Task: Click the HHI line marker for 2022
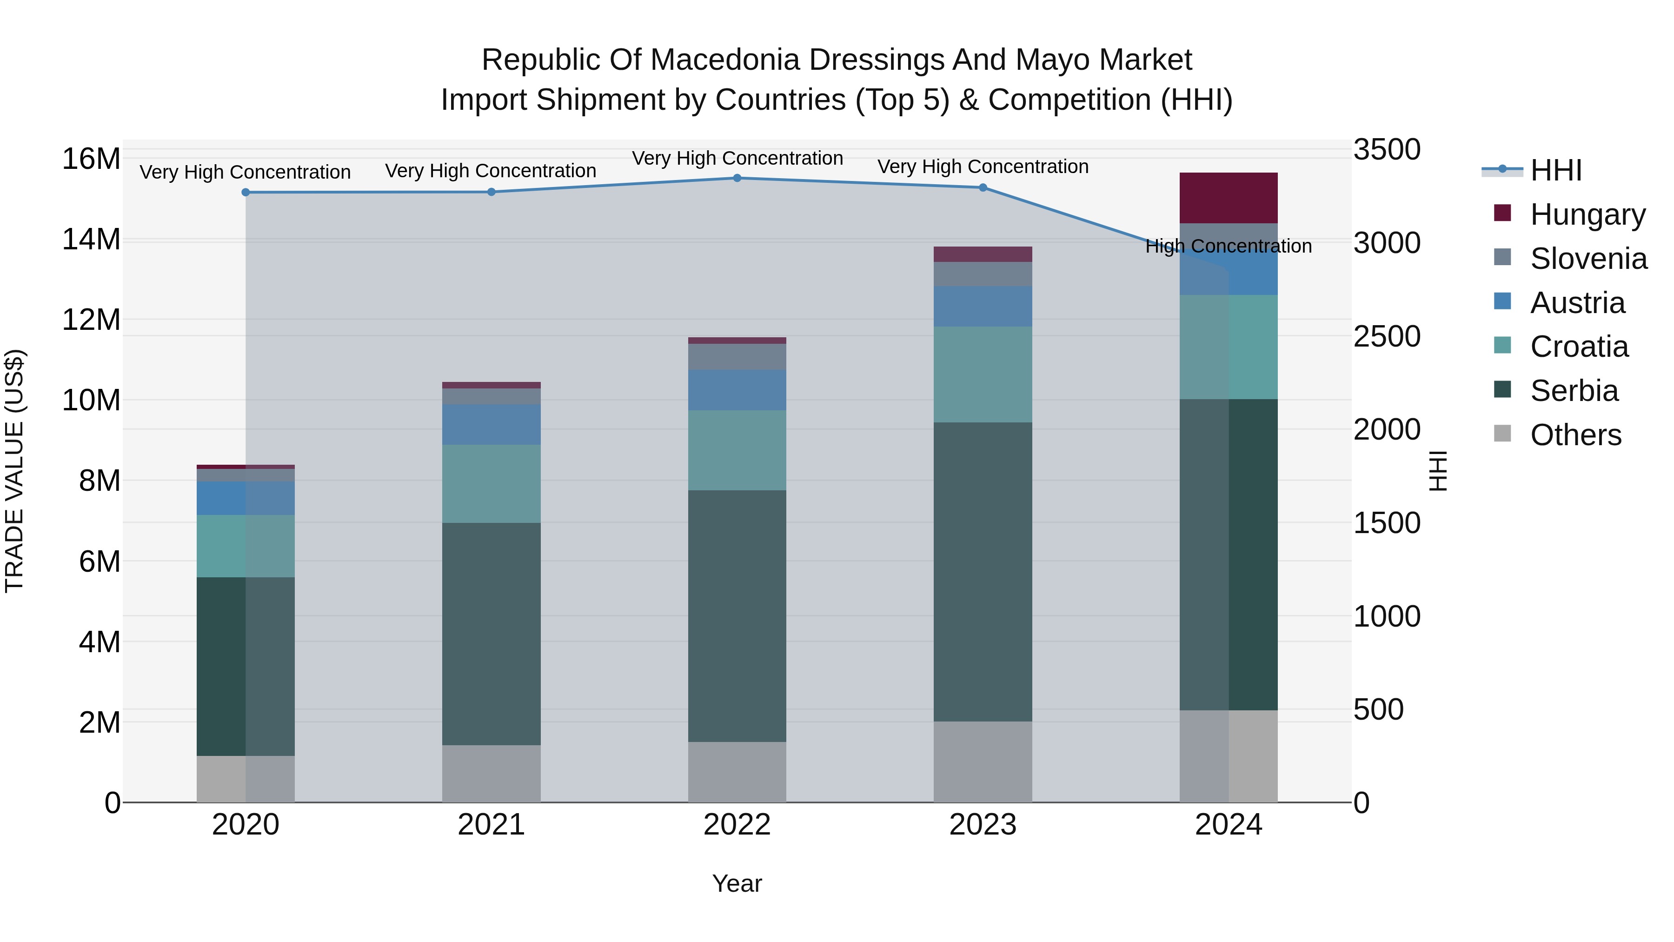[x=737, y=178]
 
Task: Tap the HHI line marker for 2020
[x=246, y=193]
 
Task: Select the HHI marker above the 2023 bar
[x=983, y=188]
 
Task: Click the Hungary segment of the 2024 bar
[x=1228, y=198]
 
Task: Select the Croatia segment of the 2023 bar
[x=983, y=374]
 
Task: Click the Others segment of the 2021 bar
[x=492, y=773]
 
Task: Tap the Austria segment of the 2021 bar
[x=492, y=425]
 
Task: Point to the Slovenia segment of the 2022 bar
[x=737, y=357]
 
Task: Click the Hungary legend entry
[x=1588, y=214]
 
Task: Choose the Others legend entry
[x=1575, y=435]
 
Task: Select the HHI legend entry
[x=1556, y=170]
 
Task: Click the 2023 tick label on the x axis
[x=983, y=825]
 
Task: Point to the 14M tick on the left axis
[x=91, y=239]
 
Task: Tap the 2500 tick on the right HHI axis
[x=1387, y=337]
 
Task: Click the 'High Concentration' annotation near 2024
[x=1228, y=247]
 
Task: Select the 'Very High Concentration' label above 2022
[x=737, y=158]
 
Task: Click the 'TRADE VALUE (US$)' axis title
[x=14, y=471]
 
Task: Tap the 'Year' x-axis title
[x=737, y=883]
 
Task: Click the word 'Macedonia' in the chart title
[x=725, y=60]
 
